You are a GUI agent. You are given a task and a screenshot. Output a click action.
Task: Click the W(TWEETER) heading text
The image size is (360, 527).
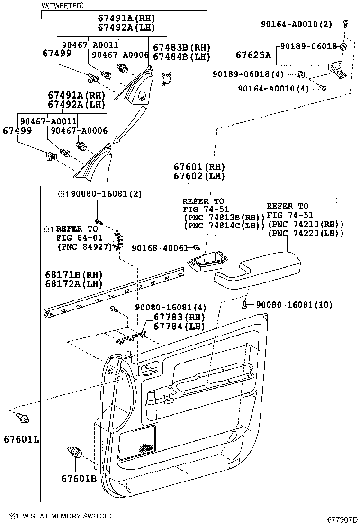pos(63,6)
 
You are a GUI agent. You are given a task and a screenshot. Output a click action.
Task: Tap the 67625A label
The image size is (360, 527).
pos(253,55)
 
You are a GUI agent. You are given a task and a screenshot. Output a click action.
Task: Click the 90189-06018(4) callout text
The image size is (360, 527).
pos(248,74)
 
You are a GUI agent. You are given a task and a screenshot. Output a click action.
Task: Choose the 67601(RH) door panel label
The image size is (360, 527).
pos(199,167)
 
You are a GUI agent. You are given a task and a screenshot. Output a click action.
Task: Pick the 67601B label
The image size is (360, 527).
pos(78,478)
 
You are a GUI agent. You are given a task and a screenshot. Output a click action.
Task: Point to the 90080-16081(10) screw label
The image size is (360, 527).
pos(294,304)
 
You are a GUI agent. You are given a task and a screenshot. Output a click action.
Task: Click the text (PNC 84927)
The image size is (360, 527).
pos(83,246)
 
